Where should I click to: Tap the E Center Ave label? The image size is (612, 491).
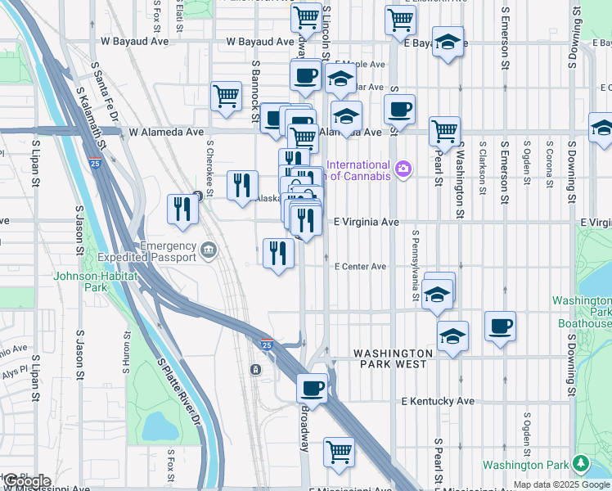(360, 266)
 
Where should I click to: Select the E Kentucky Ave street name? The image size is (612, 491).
(439, 401)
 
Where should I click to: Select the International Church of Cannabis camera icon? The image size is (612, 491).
(403, 169)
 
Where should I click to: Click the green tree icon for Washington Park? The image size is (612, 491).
(582, 464)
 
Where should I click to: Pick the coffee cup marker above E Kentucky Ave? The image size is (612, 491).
(312, 387)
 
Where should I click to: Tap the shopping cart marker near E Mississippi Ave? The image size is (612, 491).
(339, 451)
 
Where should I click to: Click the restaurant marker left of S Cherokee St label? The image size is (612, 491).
(182, 209)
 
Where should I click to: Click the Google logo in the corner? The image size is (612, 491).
(27, 481)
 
